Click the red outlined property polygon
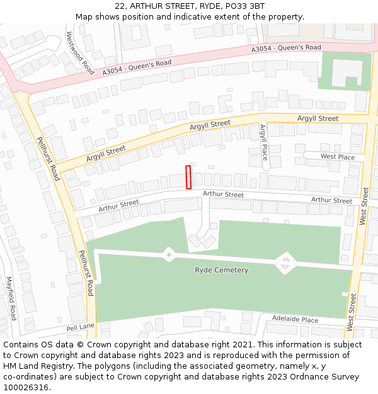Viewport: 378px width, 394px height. click(188, 177)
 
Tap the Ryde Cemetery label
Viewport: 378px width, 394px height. click(221, 270)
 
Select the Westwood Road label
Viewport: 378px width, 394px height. click(80, 54)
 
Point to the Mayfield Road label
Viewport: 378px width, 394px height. click(11, 298)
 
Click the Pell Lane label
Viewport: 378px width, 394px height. click(80, 328)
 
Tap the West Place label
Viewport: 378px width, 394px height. click(337, 156)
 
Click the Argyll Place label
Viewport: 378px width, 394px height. click(264, 142)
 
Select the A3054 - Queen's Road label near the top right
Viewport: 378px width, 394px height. click(286, 48)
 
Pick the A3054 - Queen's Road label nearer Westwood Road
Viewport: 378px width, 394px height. click(137, 68)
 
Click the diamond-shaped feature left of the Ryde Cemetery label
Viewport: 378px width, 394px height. click(169, 254)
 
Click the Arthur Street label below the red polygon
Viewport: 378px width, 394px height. click(223, 195)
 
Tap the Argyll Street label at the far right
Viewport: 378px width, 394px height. click(318, 119)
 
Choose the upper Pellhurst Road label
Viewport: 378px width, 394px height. click(47, 159)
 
